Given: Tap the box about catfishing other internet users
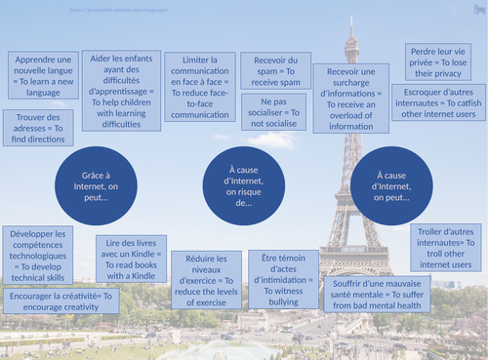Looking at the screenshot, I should (438, 101).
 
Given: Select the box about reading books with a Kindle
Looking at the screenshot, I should (130, 259).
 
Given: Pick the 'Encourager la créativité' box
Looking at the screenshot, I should (61, 301).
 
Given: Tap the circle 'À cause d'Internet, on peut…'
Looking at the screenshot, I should (389, 182).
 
